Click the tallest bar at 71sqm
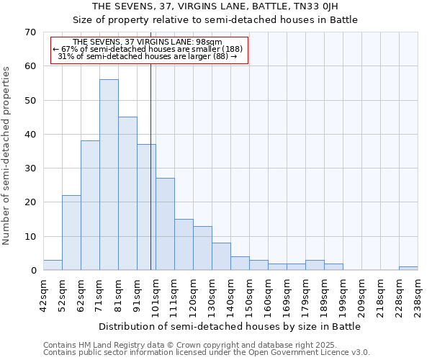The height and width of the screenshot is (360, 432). [109, 175]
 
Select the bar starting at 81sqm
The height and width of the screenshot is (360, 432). [127, 194]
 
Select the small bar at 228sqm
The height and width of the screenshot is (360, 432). [408, 269]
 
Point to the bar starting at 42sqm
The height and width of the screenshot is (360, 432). [53, 265]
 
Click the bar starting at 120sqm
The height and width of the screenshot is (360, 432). [202, 248]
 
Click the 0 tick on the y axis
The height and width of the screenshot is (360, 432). [32, 271]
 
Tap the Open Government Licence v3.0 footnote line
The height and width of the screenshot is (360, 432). [207, 353]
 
